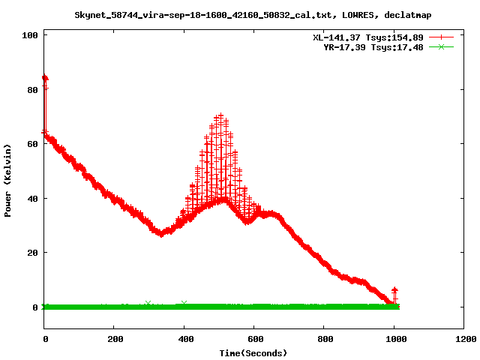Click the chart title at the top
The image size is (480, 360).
(253, 15)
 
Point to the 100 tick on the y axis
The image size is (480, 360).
(30, 34)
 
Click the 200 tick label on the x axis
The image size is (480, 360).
(114, 339)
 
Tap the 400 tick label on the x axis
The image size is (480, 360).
(184, 339)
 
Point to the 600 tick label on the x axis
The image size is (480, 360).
(253, 339)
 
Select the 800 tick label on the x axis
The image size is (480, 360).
(323, 339)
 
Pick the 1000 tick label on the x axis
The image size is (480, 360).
(393, 339)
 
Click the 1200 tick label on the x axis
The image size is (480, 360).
(463, 339)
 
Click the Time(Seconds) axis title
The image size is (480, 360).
(253, 352)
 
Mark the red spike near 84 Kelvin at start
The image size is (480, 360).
(44, 77)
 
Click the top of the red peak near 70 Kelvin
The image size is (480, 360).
(220, 116)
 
